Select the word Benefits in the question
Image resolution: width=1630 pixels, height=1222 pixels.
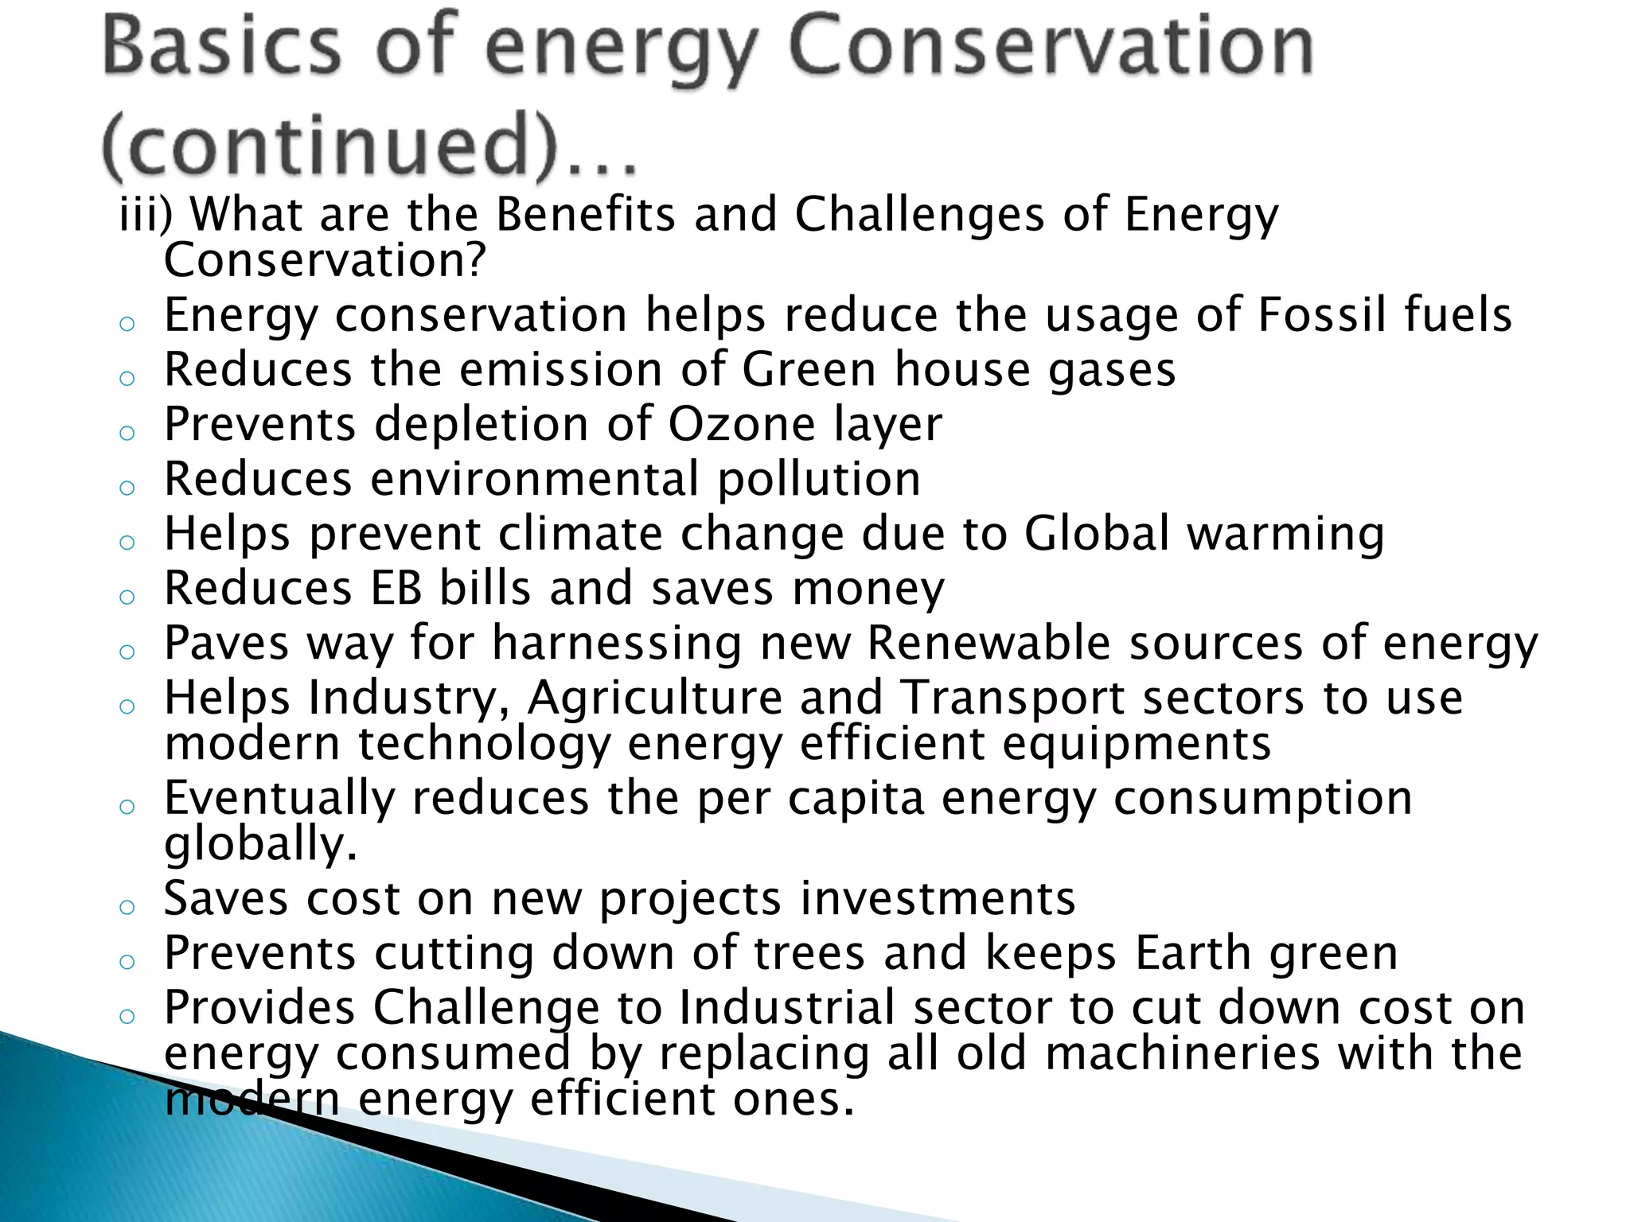coord(586,215)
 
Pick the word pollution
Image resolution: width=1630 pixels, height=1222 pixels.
coord(819,481)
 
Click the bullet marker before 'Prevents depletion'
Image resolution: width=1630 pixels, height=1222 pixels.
coord(127,433)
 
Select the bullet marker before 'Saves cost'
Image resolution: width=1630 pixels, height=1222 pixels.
coord(127,907)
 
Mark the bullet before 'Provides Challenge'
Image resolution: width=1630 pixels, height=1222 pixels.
coord(127,1016)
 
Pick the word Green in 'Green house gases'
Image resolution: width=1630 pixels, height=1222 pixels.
coord(808,370)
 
